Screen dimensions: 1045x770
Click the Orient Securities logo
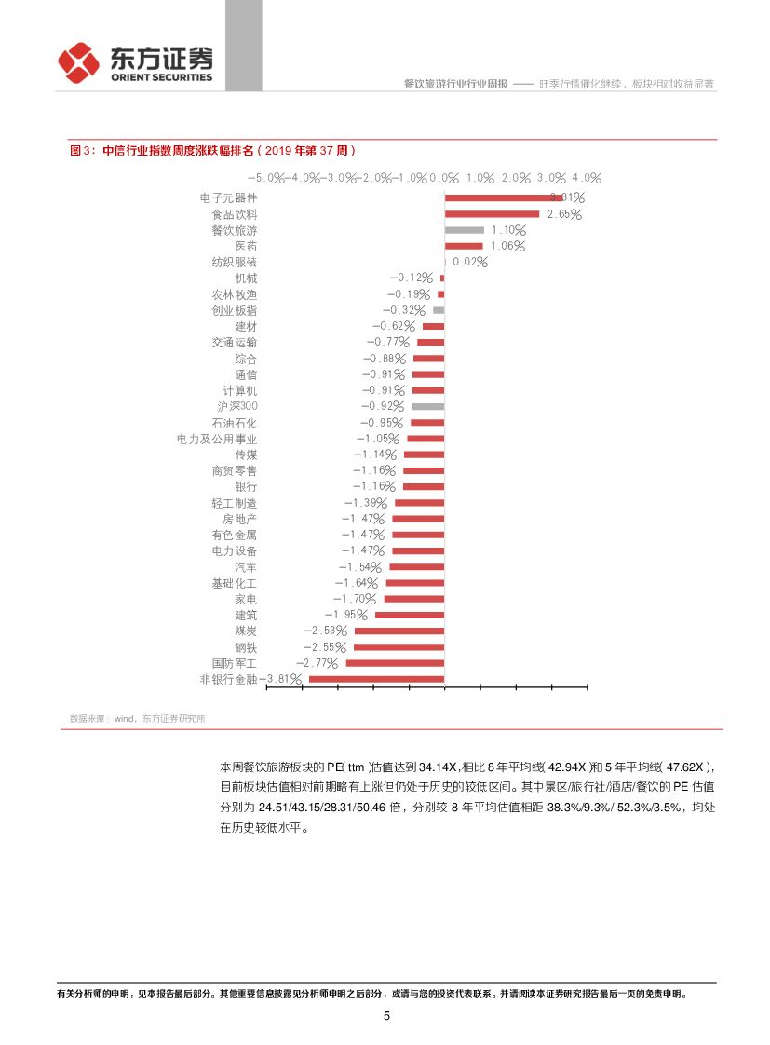pos(135,63)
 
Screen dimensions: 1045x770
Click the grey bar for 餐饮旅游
pos(464,230)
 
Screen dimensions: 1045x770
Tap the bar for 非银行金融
pos(376,679)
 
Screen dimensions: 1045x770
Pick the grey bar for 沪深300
pos(427,407)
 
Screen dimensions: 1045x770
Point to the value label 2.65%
pos(564,214)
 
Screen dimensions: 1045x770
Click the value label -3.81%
pos(281,679)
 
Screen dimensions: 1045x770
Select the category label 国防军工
pos(235,663)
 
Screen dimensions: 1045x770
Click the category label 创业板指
pos(235,310)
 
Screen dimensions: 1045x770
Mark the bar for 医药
pos(463,246)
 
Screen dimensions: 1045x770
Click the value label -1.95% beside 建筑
pos(345,615)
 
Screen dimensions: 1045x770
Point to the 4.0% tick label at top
pos(588,178)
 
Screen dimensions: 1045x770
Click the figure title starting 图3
pos(212,150)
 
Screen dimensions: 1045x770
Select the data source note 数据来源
pos(138,718)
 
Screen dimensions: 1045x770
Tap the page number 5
pos(386,1016)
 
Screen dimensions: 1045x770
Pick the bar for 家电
pos(414,599)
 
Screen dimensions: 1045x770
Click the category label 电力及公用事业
pos(217,439)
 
